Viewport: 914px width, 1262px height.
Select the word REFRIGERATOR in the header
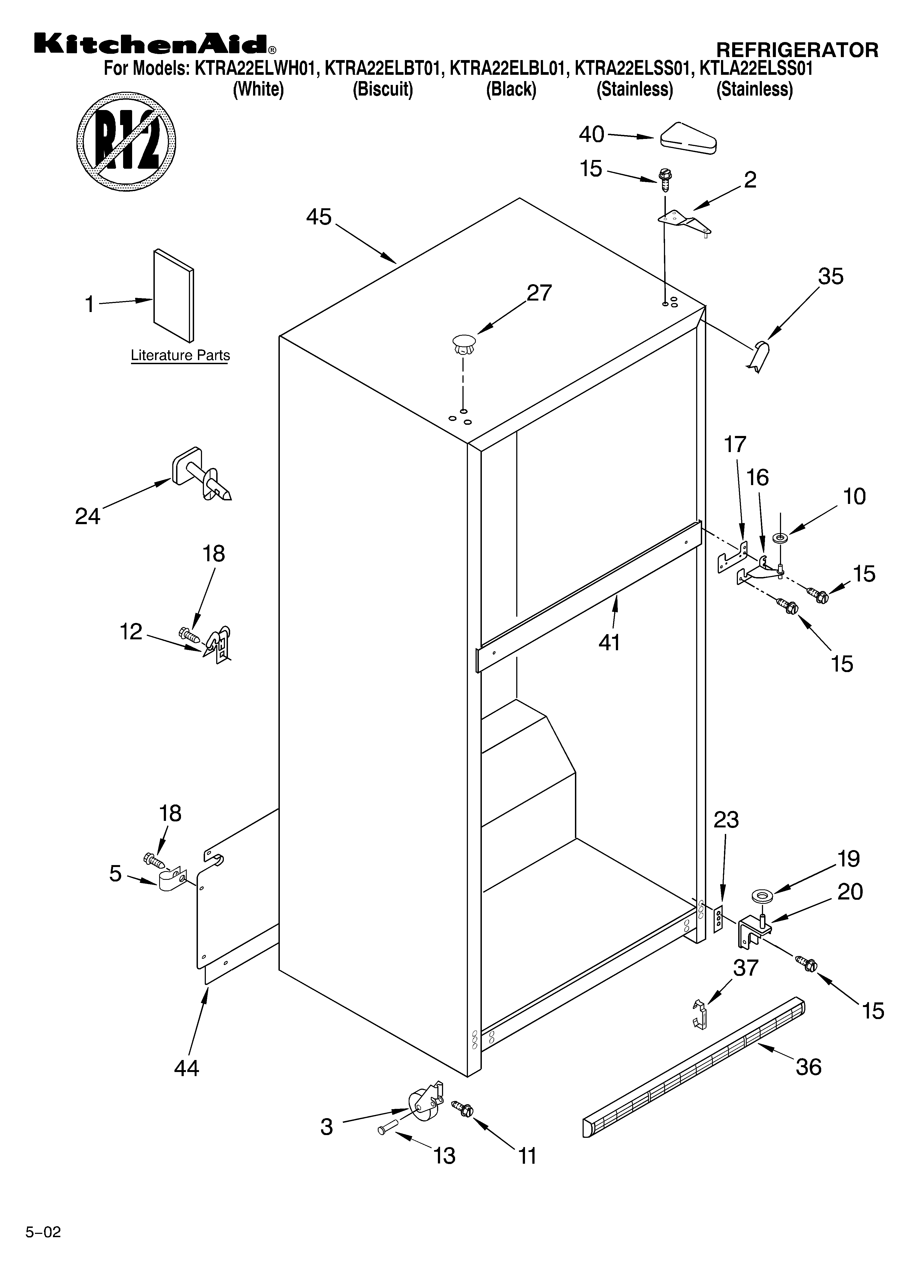[x=797, y=50]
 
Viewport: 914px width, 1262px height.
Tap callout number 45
[x=319, y=217]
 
